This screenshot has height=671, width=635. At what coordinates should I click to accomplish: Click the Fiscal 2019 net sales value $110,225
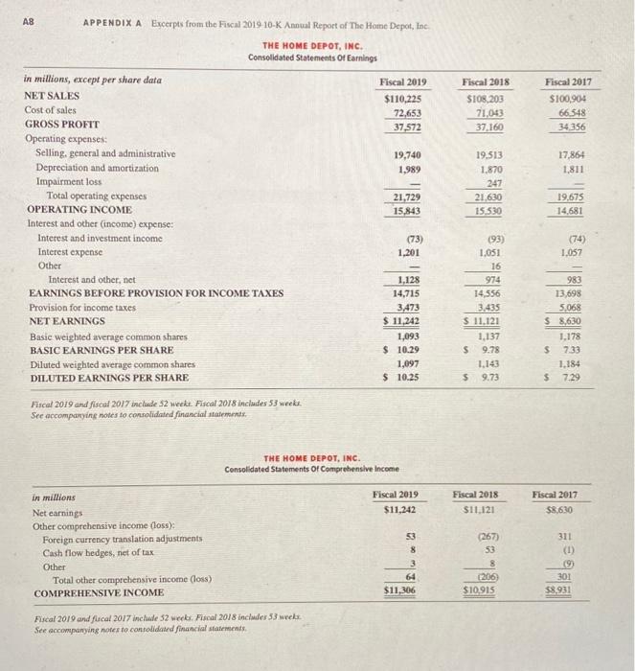coord(402,97)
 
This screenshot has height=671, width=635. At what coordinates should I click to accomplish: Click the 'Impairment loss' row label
coord(68,181)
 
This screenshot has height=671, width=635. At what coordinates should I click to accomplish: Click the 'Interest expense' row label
coord(72,252)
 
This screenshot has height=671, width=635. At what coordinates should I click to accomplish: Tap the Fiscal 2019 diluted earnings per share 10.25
coord(408,379)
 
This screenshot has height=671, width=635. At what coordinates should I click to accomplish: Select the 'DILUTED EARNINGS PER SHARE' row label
coord(108,379)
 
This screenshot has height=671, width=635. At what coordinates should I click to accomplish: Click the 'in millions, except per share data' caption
coord(92,81)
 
